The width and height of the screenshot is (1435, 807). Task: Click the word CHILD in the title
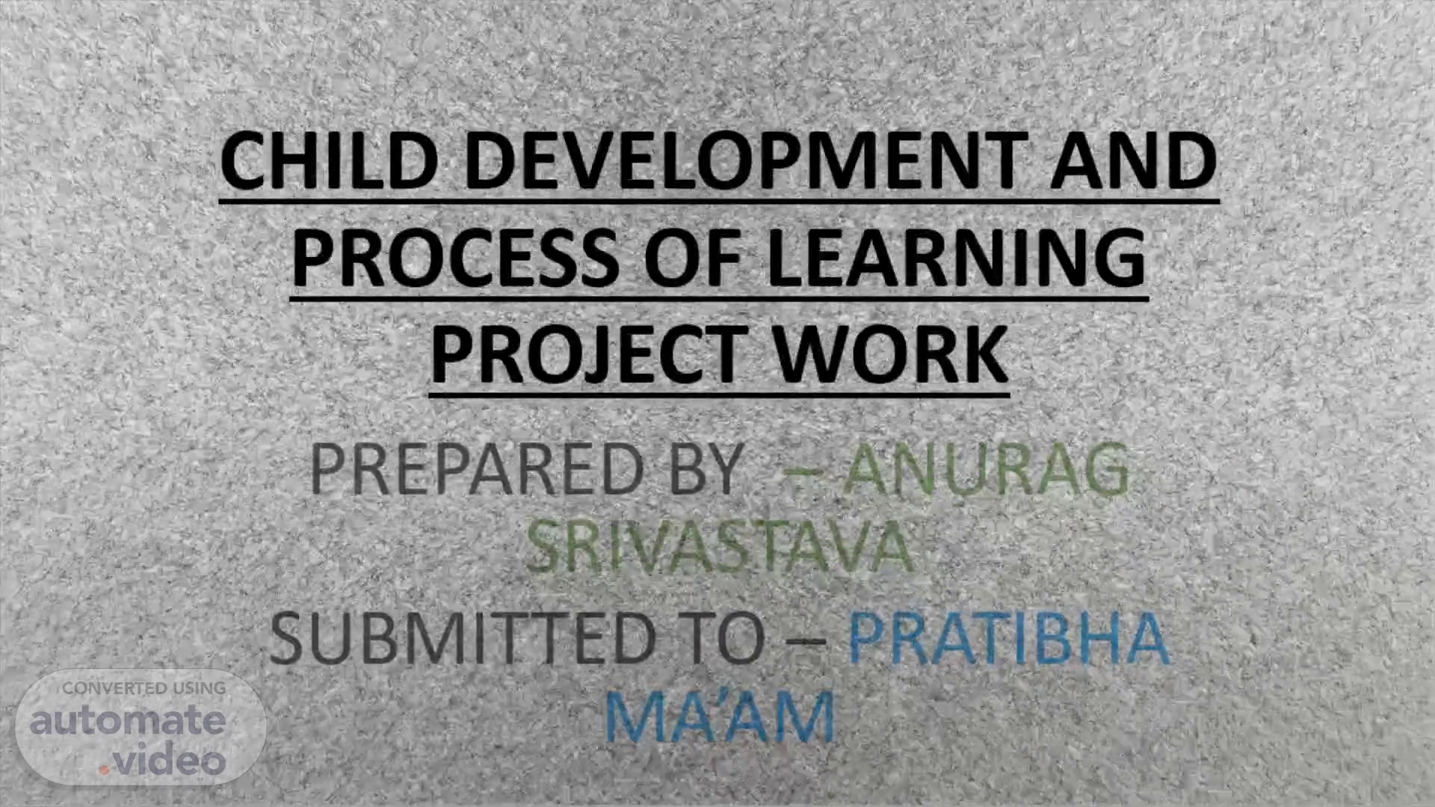tap(330, 161)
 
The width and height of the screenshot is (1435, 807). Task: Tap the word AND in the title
tap(1135, 161)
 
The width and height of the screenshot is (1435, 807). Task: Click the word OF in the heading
tap(694, 257)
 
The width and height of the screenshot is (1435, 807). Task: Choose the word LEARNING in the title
tap(957, 257)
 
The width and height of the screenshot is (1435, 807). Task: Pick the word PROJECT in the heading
tap(587, 354)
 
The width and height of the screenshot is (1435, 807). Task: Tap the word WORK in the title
tap(890, 354)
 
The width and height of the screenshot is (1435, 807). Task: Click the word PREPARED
tap(477, 469)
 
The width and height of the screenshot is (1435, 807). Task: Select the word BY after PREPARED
tap(706, 469)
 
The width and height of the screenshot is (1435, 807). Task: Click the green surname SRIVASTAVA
tap(720, 546)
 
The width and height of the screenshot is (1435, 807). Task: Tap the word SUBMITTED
tap(462, 639)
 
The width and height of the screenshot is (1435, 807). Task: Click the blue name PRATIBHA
tap(1009, 639)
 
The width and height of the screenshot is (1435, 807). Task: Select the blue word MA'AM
tap(719, 717)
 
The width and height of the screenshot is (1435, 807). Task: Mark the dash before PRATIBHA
tap(807, 642)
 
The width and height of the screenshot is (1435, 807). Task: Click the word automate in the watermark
tap(128, 721)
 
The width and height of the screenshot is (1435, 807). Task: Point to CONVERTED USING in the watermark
tap(143, 688)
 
